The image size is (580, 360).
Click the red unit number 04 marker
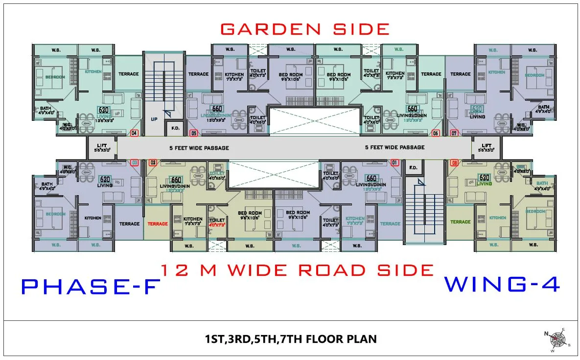[134, 133]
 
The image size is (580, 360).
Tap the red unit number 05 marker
[194, 133]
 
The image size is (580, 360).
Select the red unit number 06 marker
[436, 133]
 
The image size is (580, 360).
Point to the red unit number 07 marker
[454, 133]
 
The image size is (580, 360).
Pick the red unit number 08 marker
[454, 162]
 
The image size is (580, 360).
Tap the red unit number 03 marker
[135, 162]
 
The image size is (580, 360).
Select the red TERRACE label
[158, 224]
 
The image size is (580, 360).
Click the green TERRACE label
[460, 222]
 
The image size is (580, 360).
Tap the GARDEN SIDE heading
[304, 29]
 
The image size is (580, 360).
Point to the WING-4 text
[502, 284]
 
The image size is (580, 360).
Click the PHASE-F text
[91, 287]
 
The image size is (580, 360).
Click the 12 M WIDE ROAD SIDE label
[297, 270]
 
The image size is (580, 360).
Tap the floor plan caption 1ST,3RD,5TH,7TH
[291, 338]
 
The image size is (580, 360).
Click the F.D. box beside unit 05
[175, 129]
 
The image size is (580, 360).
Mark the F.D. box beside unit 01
[412, 167]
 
